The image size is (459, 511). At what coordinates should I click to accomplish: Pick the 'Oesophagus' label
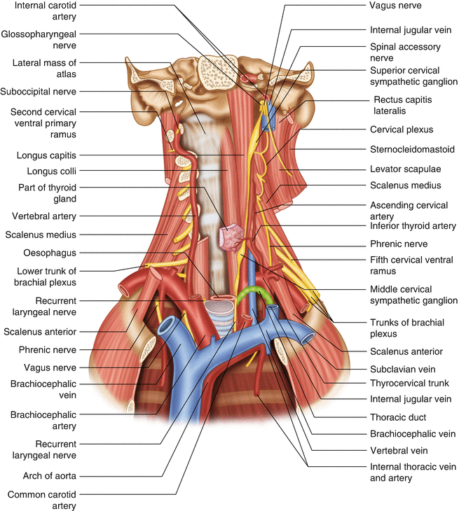pos(48,253)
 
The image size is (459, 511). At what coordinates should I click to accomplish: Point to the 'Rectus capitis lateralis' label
pos(402,105)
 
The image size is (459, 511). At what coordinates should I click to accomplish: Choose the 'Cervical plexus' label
pos(402,129)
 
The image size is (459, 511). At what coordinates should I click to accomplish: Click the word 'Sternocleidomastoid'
pos(412,149)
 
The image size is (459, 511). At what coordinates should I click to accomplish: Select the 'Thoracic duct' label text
pos(397,417)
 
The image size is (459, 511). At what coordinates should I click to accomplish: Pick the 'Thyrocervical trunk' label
pos(409,383)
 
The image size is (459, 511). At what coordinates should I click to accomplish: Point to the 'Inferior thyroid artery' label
pos(413,226)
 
